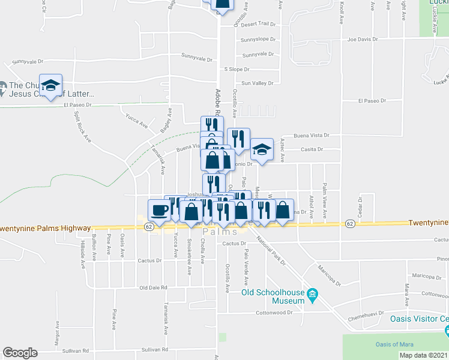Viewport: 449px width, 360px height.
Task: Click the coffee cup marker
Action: click(x=159, y=210)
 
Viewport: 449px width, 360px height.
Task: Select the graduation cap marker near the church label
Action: click(x=51, y=86)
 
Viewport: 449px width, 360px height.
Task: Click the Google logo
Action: click(x=20, y=353)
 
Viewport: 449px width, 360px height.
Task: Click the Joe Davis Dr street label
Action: click(x=363, y=40)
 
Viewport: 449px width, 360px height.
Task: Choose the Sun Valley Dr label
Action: click(x=257, y=83)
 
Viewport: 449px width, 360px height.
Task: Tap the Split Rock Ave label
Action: click(x=82, y=127)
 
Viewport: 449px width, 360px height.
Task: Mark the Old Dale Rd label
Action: click(x=153, y=288)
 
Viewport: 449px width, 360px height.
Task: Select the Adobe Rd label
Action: click(x=218, y=103)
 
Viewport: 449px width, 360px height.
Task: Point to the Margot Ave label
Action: click(x=58, y=331)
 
